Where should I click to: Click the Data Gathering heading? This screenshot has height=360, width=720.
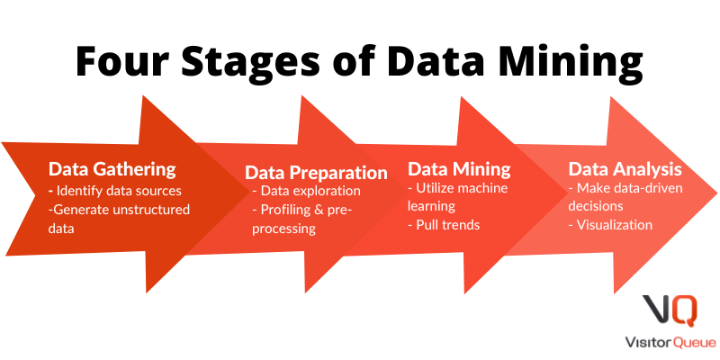coord(112,169)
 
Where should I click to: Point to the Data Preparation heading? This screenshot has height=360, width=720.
coord(316,173)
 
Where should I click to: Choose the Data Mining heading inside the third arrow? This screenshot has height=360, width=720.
coord(459,169)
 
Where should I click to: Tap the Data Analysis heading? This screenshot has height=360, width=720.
coord(625,169)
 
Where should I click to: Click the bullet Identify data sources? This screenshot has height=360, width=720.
coord(115,191)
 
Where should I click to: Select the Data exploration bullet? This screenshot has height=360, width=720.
coord(306,191)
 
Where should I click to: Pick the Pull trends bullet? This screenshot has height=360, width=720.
coord(444,225)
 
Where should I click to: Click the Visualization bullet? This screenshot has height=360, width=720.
coord(610,225)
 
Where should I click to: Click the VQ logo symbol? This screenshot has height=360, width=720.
coord(670,310)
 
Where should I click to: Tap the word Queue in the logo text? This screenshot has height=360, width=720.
coord(694,342)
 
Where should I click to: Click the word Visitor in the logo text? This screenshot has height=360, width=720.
coord(648,342)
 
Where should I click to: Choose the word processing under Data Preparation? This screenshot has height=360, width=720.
coord(283,229)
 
